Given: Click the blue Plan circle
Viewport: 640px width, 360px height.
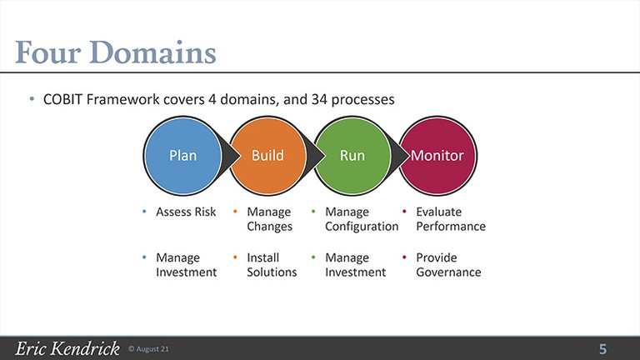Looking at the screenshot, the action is coord(182,156).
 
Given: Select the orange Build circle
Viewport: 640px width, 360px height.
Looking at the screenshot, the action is coord(267,156).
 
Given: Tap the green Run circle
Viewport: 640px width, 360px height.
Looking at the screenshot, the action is coord(352,156).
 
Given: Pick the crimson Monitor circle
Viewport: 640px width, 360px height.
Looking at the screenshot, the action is coord(437,156).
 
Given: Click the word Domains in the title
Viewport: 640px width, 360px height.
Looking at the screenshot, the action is coord(152,52).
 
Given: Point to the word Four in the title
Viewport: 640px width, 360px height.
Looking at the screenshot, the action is coord(47,52).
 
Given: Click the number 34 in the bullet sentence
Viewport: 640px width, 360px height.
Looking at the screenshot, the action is coord(319,99).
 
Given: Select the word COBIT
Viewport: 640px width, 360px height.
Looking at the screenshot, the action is coord(62,99).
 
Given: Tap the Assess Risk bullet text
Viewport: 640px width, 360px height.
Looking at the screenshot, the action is coord(186,212).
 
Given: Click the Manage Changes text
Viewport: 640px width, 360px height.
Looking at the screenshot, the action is coord(269,219).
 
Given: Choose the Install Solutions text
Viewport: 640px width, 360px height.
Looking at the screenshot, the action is coord(272,265).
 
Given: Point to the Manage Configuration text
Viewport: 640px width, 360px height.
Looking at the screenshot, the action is coord(362,219).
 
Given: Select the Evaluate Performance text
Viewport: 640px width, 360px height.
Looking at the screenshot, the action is coord(451,219).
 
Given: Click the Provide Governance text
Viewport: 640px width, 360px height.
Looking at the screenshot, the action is coord(448,265).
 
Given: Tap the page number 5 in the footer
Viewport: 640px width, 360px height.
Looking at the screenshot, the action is coord(602,349).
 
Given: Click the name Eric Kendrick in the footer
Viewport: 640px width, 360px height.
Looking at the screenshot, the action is coord(67,348).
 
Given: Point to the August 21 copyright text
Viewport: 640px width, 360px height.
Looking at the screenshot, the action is coord(148,349).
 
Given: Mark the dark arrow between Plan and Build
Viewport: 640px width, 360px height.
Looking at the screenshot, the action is coord(231,156).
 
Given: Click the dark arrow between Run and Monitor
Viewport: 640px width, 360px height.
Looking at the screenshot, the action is coord(400,156).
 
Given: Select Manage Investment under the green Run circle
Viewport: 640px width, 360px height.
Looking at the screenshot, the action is coord(355,265).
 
